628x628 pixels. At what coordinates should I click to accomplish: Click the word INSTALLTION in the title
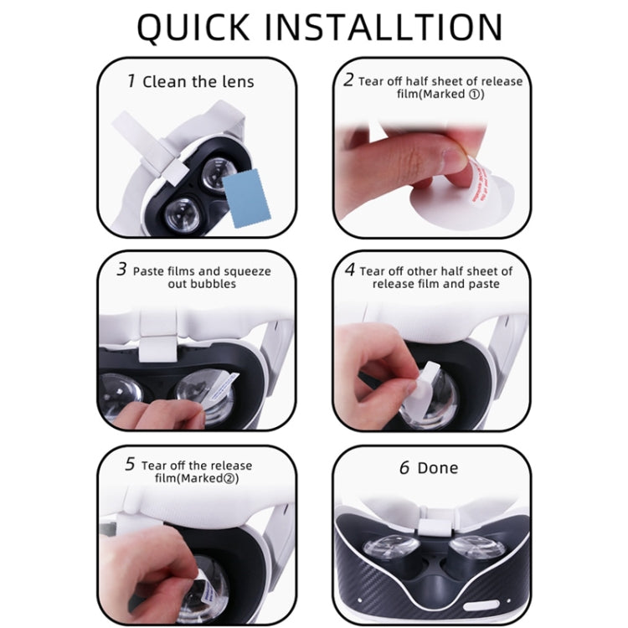[394, 28]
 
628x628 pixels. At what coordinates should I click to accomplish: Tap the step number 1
[131, 80]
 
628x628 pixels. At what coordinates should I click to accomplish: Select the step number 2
[348, 80]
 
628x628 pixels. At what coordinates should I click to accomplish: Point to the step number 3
[122, 270]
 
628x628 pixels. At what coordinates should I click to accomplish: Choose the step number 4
[350, 270]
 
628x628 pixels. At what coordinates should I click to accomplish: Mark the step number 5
[130, 465]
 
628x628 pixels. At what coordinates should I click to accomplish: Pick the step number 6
[404, 467]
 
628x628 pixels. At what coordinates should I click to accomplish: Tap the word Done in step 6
[438, 468]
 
